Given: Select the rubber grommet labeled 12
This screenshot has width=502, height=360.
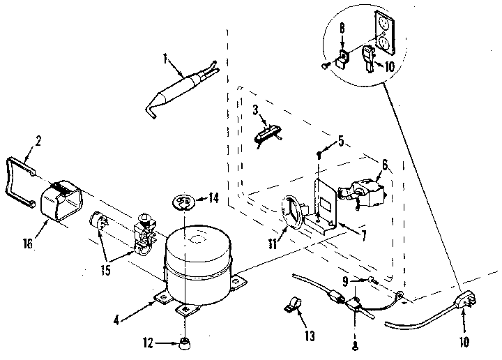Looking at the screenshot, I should pyautogui.click(x=184, y=343).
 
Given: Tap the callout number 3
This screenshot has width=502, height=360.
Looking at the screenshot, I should pyautogui.click(x=255, y=109).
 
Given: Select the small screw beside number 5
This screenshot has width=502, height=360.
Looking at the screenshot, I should pyautogui.click(x=318, y=153).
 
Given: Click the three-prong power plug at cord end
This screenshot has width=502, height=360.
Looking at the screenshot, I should pyautogui.click(x=462, y=302).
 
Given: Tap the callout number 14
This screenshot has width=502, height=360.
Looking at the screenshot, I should pyautogui.click(x=213, y=197).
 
